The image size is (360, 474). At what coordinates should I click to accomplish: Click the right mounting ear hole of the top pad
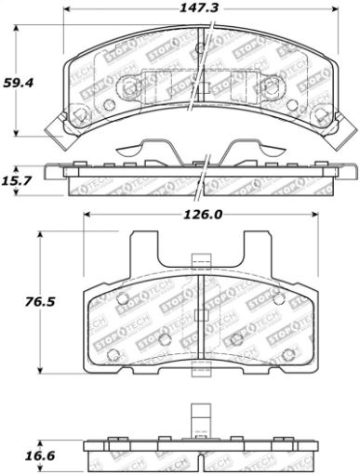tap(321, 117)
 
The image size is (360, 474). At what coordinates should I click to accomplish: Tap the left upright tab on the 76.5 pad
tap(141, 256)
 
